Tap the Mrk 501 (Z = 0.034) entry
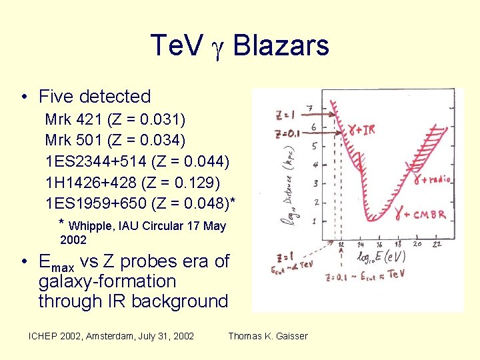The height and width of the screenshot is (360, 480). [x=115, y=140]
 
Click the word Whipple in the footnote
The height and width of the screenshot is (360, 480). [x=92, y=226]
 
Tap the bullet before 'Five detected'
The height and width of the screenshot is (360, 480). [x=23, y=97]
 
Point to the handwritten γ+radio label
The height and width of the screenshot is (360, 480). [x=431, y=178]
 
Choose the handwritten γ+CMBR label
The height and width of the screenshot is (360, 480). [x=419, y=214]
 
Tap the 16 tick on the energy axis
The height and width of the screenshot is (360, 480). [x=379, y=245]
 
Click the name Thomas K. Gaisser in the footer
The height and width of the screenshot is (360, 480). [x=268, y=336]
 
